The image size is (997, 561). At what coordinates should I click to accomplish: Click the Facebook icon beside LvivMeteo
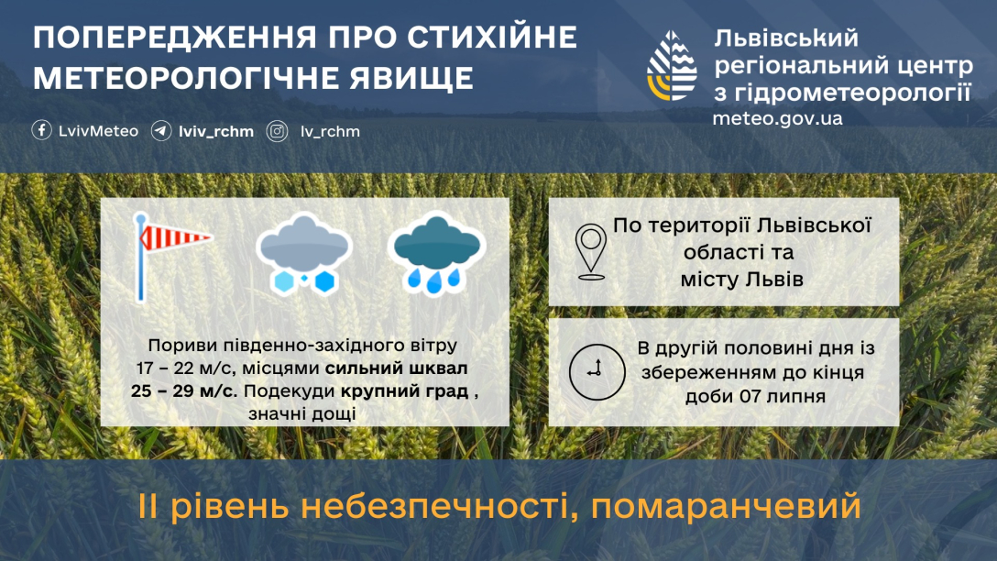(x=41, y=130)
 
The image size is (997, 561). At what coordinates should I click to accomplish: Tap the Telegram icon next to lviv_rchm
(x=161, y=131)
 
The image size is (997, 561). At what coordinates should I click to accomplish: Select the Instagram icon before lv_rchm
(x=278, y=131)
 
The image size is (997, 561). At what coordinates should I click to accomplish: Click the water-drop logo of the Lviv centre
(x=672, y=65)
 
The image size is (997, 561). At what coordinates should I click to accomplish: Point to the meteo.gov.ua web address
(x=777, y=118)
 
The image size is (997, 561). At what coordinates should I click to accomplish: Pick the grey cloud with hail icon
(x=304, y=254)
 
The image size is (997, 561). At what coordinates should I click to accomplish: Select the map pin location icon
(x=591, y=252)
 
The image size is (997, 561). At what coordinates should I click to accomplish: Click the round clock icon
(x=597, y=372)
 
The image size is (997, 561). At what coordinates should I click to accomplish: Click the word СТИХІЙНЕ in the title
(x=492, y=38)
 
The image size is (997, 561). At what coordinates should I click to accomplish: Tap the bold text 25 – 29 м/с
(x=184, y=390)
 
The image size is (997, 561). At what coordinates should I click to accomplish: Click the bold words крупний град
(x=404, y=391)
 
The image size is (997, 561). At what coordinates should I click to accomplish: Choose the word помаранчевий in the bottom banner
(x=726, y=507)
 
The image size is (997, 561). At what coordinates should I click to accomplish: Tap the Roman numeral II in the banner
(x=148, y=507)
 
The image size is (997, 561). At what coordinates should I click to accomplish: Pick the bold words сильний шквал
(x=396, y=368)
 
